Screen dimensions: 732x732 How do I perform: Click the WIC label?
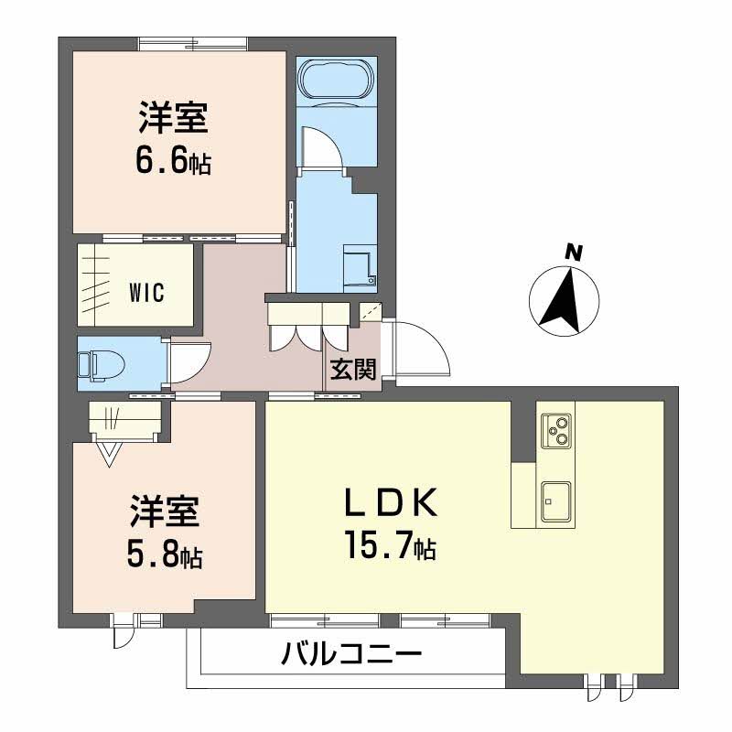[145, 293]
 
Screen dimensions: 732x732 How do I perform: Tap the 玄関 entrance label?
[352, 370]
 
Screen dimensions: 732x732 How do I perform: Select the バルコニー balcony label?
[351, 654]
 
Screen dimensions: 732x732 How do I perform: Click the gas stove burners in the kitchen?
[555, 429]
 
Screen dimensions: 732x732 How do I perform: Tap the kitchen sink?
[555, 499]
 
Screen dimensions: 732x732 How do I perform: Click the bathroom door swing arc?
[320, 146]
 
